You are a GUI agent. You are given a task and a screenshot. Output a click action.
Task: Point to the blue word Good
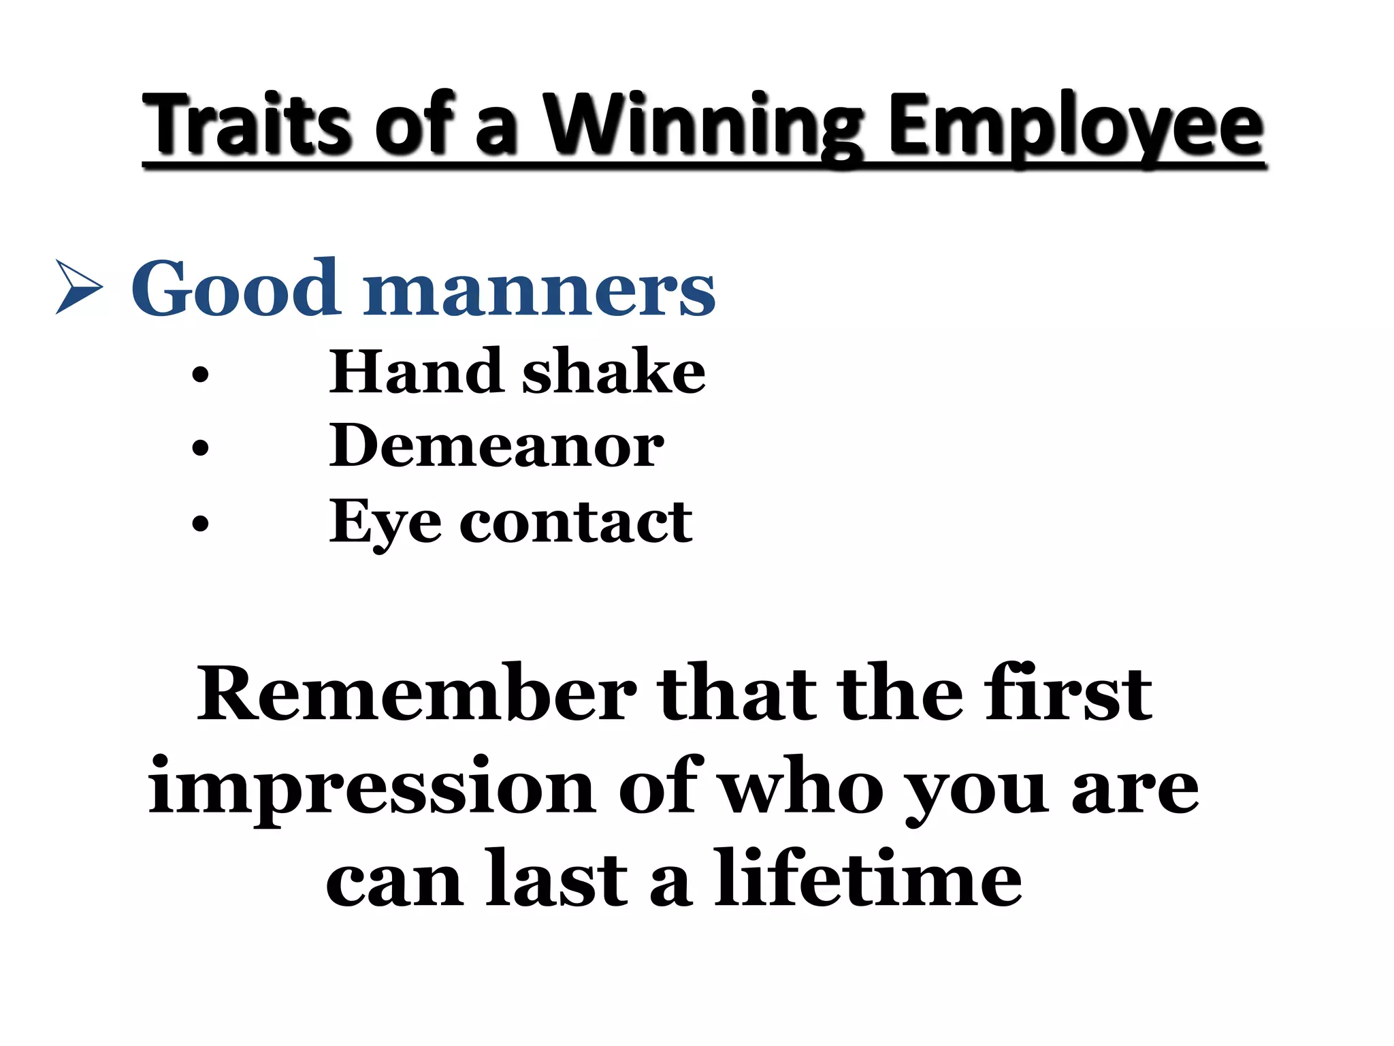(235, 289)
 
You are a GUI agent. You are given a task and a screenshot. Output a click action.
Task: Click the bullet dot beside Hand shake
(200, 375)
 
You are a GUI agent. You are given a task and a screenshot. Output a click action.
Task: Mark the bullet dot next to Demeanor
(200, 448)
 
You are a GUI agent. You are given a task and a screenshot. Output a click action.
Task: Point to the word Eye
(385, 523)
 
